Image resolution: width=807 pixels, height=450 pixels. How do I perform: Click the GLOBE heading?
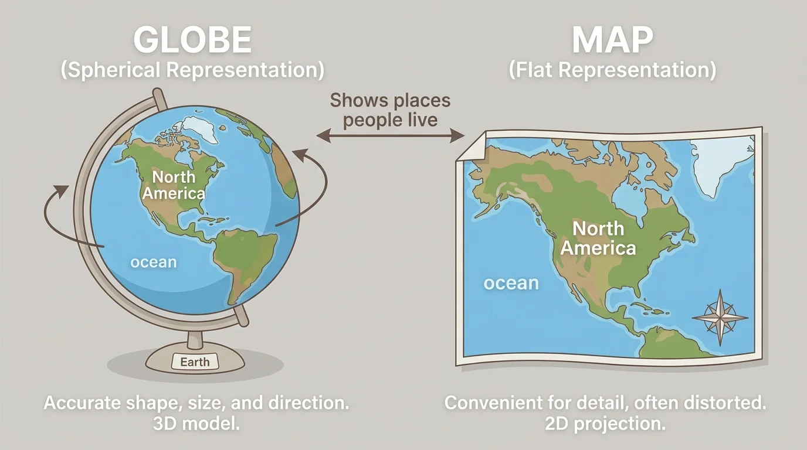click(x=192, y=41)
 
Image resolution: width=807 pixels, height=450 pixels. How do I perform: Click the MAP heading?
click(x=612, y=41)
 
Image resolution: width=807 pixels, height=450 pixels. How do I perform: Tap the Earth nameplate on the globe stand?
click(x=195, y=362)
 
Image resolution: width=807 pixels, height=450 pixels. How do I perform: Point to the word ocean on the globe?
click(x=153, y=262)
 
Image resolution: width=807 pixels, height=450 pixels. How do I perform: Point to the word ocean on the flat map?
click(x=511, y=284)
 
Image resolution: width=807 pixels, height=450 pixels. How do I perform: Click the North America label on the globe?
click(x=174, y=185)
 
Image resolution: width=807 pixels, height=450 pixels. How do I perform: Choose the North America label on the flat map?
click(x=598, y=238)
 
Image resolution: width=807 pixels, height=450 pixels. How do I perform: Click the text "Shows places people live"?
click(x=390, y=110)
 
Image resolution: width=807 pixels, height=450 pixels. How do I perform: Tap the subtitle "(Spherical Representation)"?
click(x=192, y=70)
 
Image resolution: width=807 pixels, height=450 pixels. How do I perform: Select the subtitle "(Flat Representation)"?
click(x=612, y=70)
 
